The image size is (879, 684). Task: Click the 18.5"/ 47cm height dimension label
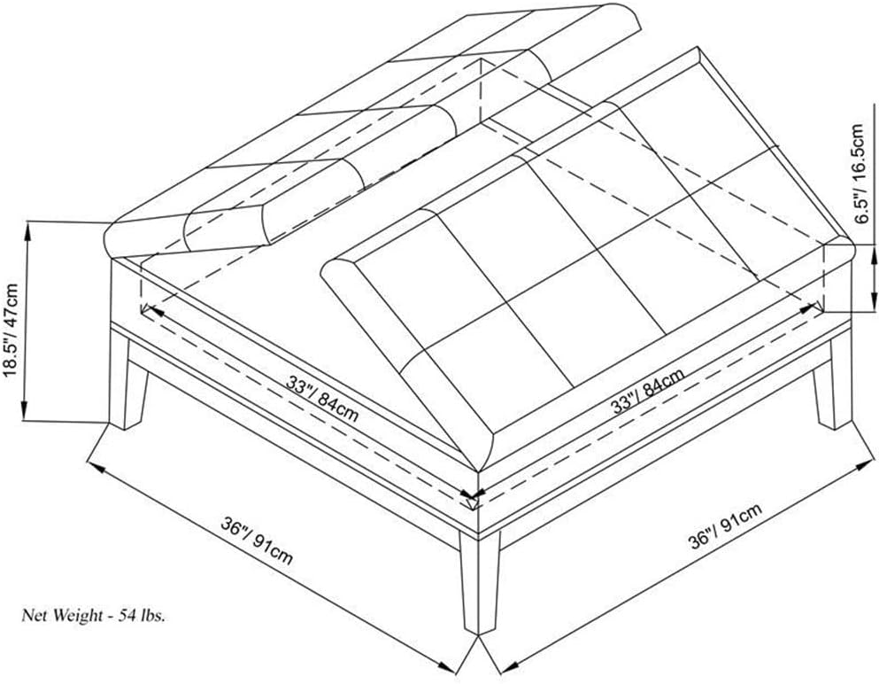tap(12, 330)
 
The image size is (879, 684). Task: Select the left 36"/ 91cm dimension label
tap(257, 540)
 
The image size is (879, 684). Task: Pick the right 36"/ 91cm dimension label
tap(725, 525)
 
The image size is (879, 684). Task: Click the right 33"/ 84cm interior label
tap(647, 390)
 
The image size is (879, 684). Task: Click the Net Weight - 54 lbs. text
tap(94, 616)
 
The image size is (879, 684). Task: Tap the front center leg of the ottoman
tap(479, 584)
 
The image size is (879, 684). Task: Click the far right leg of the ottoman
tap(834, 382)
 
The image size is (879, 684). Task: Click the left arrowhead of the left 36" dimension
tap(96, 467)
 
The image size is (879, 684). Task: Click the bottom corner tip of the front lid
tap(477, 470)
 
